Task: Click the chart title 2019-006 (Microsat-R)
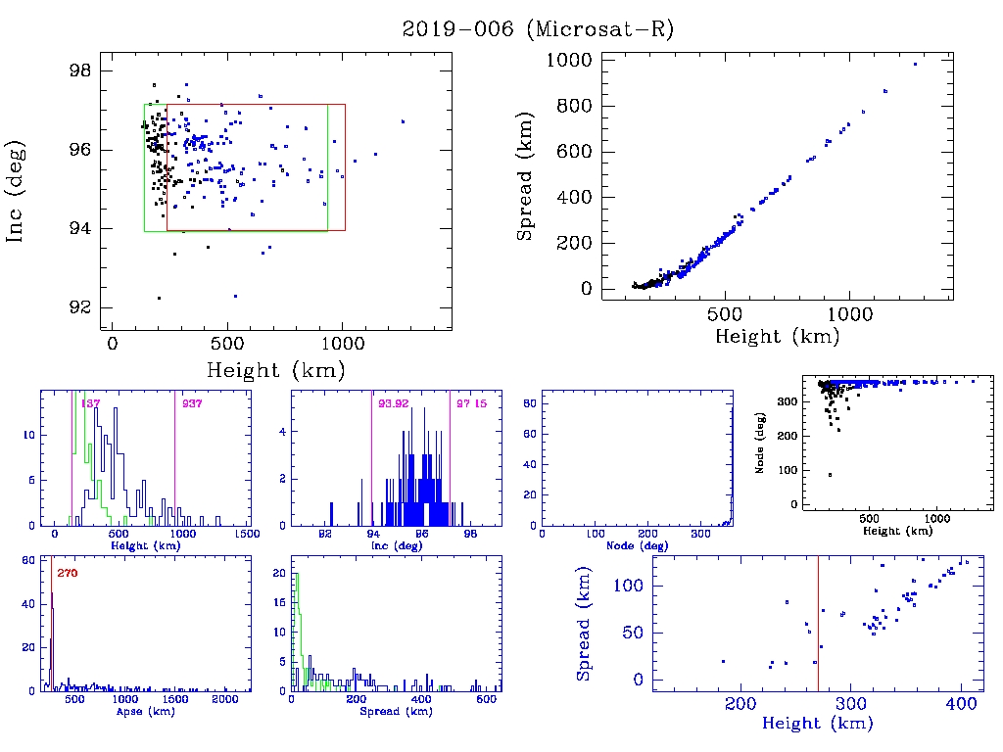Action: [538, 29]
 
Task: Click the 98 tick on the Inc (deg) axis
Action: [80, 71]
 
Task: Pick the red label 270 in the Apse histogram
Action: [68, 573]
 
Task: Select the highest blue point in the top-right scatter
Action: [915, 65]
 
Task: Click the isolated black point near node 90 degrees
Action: [830, 475]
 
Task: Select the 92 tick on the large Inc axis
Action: [80, 307]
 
